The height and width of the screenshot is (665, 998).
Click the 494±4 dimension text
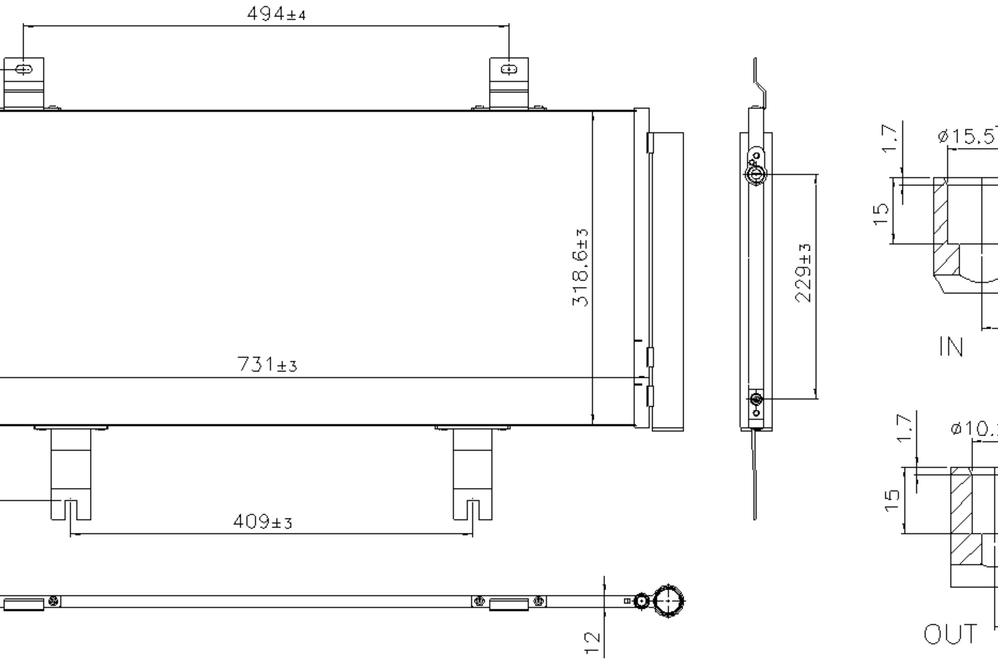tap(276, 14)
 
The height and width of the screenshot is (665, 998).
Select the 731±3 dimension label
tap(267, 365)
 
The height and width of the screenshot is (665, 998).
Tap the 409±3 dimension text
tap(263, 522)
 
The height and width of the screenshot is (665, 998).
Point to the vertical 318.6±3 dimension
tap(580, 268)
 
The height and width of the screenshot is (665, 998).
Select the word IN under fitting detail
tap(951, 347)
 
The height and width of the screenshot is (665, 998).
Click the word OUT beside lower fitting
tap(950, 635)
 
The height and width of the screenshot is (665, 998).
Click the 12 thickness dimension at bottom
tap(592, 643)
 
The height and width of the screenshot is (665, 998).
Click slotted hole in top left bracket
tap(23, 69)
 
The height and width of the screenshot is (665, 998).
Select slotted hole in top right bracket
tap(509, 69)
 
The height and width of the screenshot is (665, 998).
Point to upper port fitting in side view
tap(755, 174)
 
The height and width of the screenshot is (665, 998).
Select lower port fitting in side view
tap(756, 399)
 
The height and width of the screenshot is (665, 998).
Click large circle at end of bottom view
tap(668, 601)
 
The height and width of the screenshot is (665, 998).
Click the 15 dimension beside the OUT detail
tap(892, 501)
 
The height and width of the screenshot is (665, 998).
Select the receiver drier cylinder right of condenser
tap(667, 282)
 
